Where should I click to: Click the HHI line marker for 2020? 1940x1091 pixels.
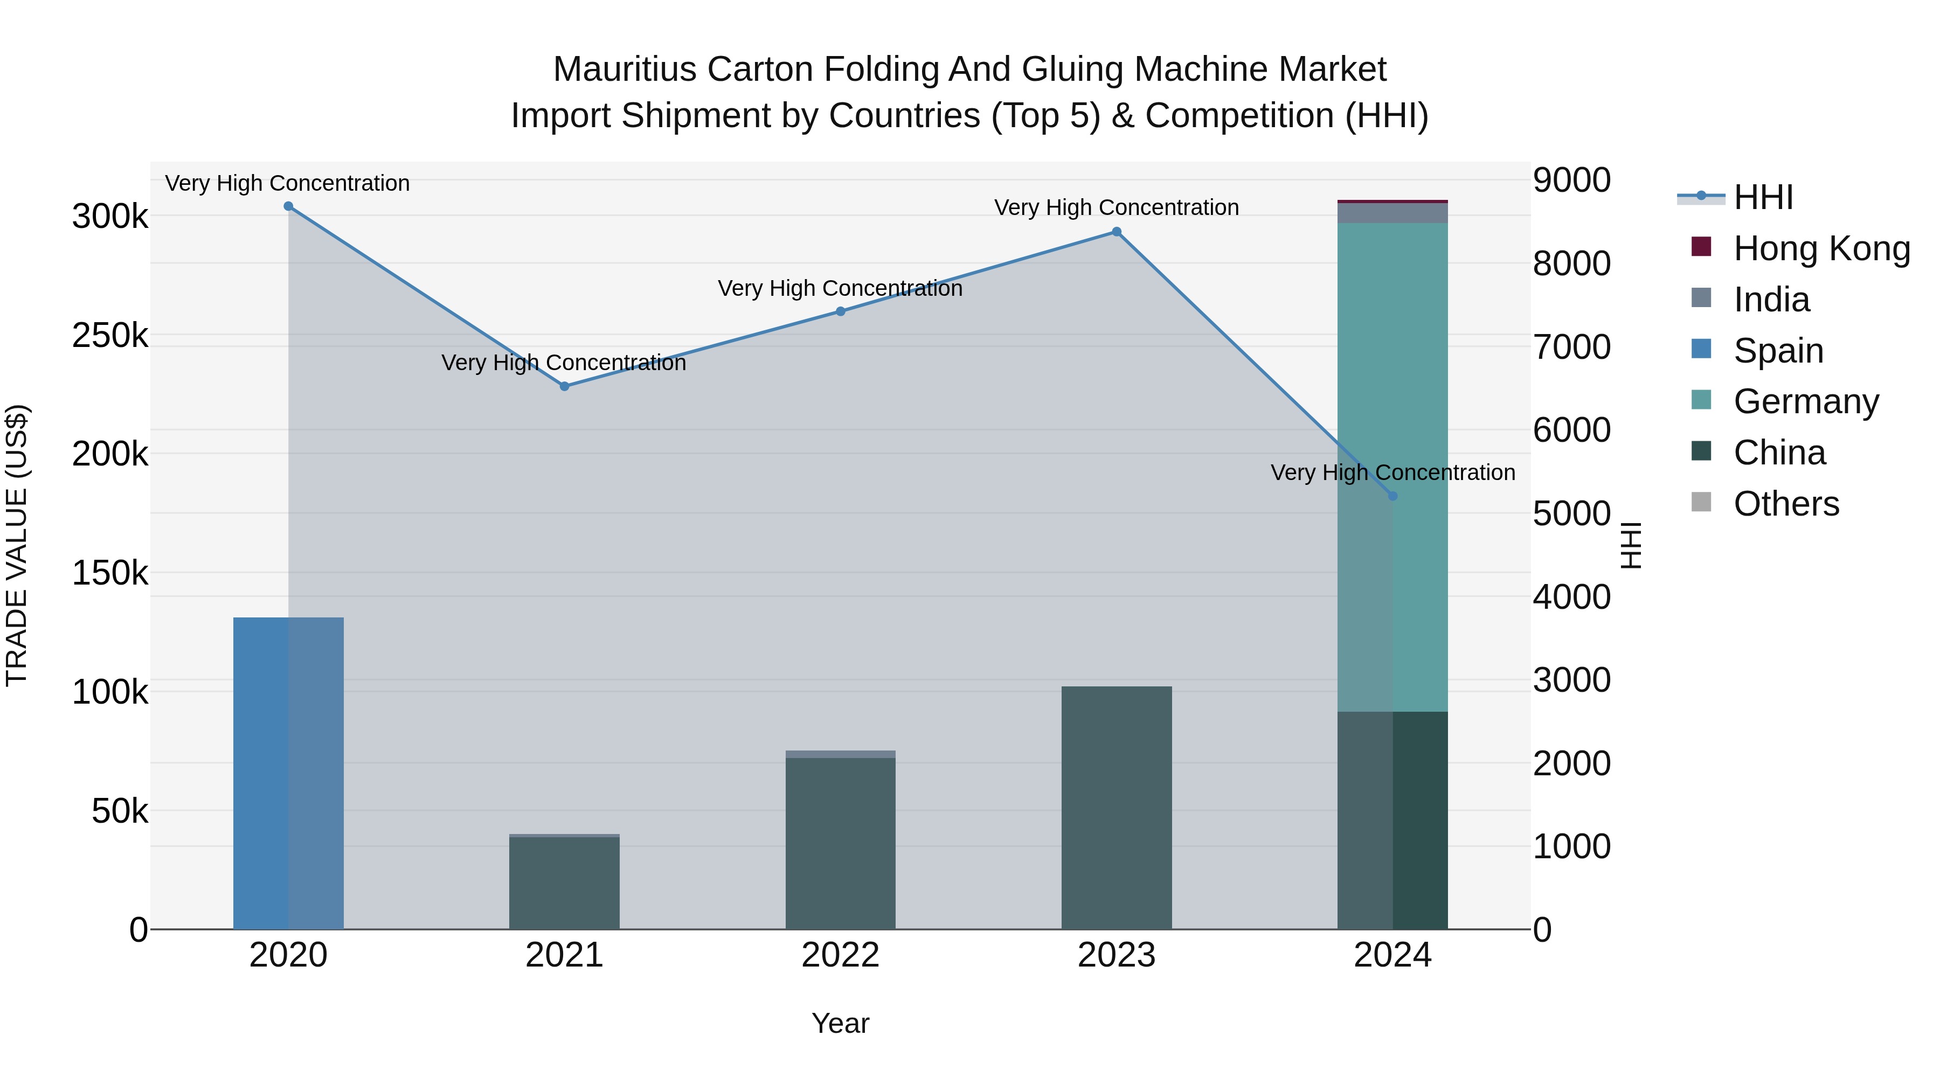[x=288, y=206]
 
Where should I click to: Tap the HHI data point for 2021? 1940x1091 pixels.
[x=564, y=386]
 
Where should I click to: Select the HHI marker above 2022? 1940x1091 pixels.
[x=841, y=311]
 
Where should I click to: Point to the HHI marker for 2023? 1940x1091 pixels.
[x=1116, y=232]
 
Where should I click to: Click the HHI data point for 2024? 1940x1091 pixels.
[x=1392, y=496]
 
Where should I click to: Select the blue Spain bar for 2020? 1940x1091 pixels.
[x=288, y=773]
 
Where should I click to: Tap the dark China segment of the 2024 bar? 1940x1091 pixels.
[x=1392, y=821]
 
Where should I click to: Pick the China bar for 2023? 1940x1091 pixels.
[x=1116, y=808]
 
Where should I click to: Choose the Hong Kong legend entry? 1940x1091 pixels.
[x=1821, y=248]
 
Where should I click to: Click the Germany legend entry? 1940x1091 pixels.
[x=1805, y=401]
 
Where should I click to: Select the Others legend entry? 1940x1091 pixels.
[x=1786, y=504]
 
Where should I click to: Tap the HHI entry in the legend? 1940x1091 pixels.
[x=1762, y=197]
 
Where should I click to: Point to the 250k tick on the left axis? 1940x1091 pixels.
[x=110, y=335]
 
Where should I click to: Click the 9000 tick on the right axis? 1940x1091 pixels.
[x=1572, y=180]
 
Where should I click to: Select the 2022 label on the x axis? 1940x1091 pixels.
[x=841, y=955]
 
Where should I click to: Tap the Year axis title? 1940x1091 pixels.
[x=841, y=1023]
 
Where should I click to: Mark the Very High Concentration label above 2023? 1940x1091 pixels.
[x=1116, y=208]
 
